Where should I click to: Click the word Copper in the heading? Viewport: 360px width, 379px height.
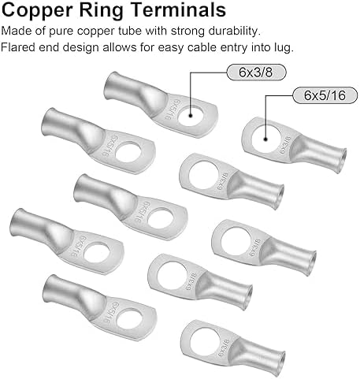point(37,10)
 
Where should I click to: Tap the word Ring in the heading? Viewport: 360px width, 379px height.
point(101,10)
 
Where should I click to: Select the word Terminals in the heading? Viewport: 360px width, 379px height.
point(178,9)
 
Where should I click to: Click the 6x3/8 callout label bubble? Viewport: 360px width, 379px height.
point(256,72)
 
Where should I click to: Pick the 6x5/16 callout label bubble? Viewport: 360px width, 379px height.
point(325,95)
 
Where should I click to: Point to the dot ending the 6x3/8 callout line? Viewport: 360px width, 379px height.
point(191,115)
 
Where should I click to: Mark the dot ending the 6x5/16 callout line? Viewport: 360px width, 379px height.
point(265,139)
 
